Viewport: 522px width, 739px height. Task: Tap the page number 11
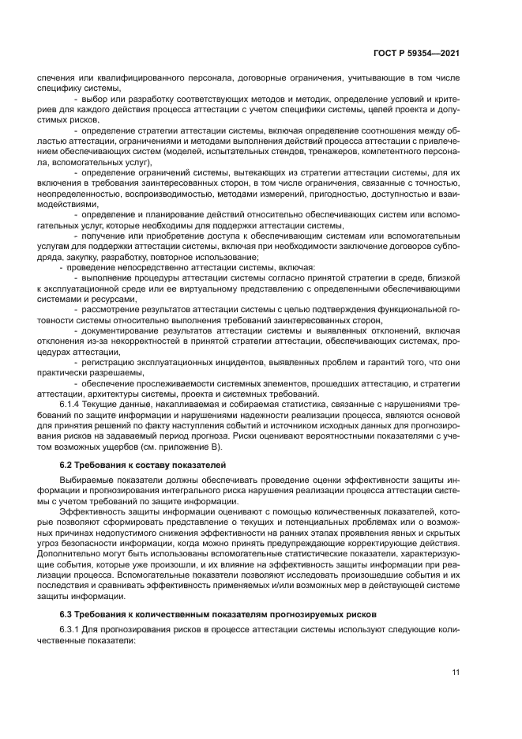[x=456, y=673]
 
